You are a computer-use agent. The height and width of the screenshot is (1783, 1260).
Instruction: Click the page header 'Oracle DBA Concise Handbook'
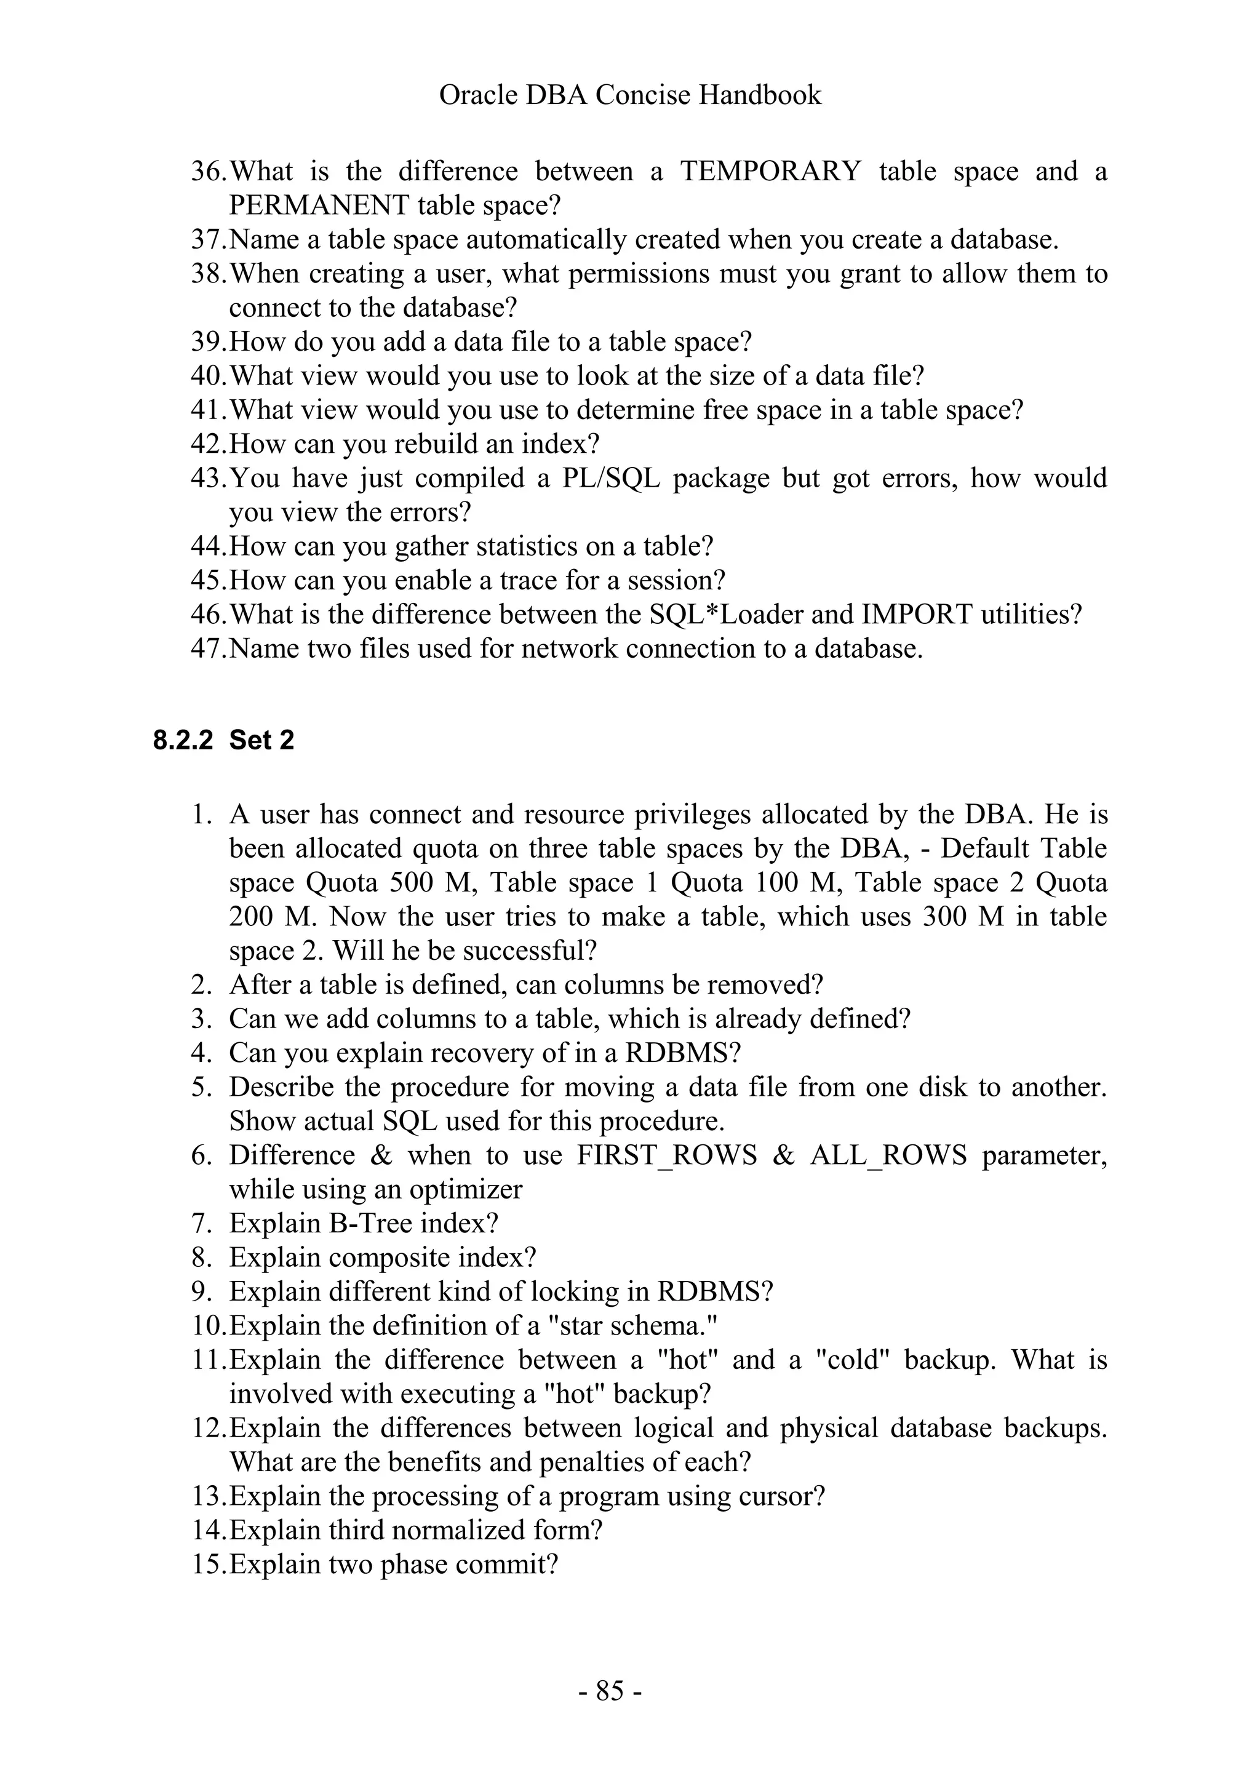click(x=629, y=95)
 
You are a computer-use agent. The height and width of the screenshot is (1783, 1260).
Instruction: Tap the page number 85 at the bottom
click(x=610, y=1690)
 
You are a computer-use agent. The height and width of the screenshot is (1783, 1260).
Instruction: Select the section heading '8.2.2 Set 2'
click(x=223, y=740)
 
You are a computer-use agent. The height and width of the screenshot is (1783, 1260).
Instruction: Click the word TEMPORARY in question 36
click(x=770, y=171)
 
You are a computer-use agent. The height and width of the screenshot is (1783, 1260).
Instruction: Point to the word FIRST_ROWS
click(x=667, y=1155)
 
